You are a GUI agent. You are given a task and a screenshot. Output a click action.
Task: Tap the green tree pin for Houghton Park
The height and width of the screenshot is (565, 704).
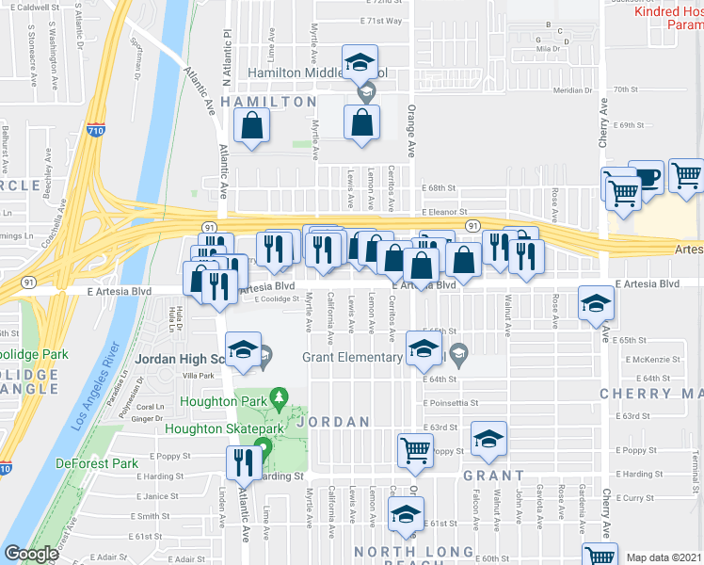[x=278, y=397]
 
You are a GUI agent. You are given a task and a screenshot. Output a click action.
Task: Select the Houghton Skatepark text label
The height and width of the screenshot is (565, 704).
[x=224, y=428]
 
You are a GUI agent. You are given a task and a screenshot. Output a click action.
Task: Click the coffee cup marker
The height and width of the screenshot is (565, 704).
[x=647, y=176]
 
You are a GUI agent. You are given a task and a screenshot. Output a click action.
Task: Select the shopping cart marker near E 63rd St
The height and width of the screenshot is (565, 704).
[x=414, y=450]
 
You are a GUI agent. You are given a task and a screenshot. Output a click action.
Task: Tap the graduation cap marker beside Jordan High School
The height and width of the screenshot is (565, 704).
[x=244, y=348]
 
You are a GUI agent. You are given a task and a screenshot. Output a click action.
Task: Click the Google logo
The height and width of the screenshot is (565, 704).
[x=31, y=555]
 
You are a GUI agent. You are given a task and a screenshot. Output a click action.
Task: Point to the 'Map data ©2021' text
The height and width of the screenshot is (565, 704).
[x=663, y=557]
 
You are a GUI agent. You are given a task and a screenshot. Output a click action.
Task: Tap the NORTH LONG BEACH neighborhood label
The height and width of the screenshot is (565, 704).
[x=414, y=551]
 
